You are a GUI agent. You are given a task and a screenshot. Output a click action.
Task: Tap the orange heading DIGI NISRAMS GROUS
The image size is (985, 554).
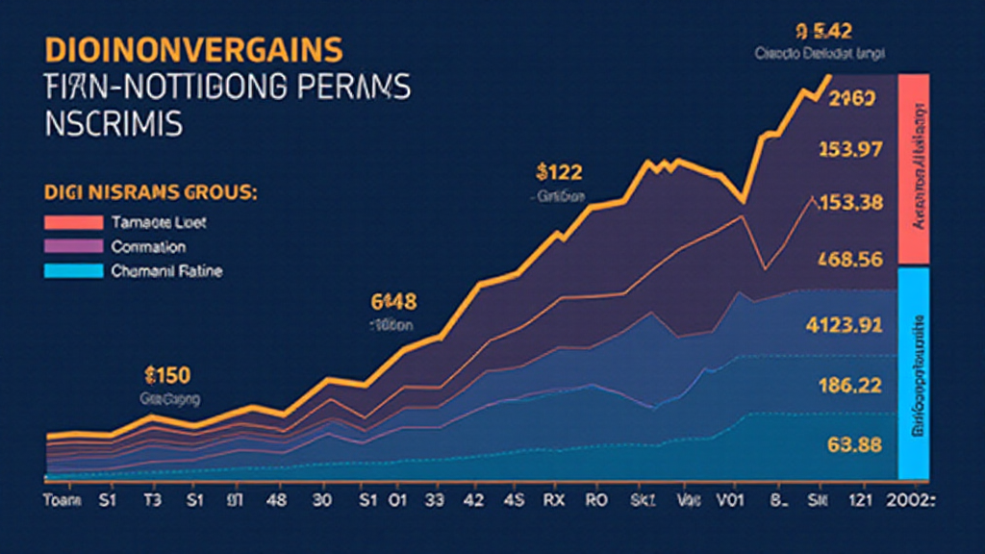[150, 193]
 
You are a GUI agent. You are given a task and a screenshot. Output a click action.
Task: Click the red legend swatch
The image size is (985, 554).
[73, 222]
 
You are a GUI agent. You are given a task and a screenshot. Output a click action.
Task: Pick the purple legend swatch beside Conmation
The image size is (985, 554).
[73, 247]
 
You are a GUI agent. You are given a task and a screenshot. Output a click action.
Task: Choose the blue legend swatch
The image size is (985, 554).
[73, 271]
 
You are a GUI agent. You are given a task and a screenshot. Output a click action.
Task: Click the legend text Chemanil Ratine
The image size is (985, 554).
[166, 271]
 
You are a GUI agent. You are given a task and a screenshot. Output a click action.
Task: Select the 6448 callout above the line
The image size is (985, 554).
[393, 302]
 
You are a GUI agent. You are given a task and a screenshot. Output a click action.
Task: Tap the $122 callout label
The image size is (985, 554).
[559, 173]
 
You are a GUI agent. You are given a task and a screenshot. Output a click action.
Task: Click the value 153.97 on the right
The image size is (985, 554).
[849, 149]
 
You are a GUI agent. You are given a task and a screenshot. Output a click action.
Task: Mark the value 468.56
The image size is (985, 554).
[849, 259]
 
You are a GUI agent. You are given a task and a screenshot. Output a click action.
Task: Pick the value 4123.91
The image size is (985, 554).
[844, 325]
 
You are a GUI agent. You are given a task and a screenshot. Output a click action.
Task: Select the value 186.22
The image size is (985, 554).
[849, 385]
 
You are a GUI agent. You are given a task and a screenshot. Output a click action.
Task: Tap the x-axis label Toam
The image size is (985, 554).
[63, 500]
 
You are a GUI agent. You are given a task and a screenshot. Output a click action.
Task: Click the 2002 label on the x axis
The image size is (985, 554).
[915, 500]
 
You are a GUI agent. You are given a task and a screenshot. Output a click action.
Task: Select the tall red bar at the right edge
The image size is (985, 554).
[912, 168]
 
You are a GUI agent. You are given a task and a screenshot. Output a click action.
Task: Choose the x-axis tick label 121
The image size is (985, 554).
[861, 500]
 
